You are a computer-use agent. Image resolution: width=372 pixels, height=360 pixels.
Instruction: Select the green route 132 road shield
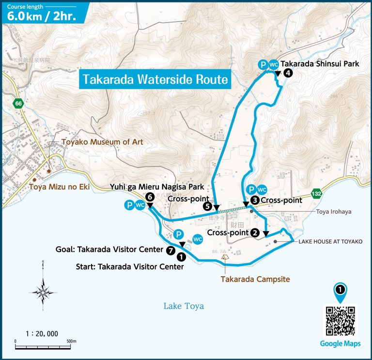(316, 192)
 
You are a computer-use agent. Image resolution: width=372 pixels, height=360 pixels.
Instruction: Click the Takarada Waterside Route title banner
(155, 79)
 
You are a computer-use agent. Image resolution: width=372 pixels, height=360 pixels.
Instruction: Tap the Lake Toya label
(183, 306)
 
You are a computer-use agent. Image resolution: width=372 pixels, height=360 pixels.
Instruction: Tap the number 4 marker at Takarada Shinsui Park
(288, 73)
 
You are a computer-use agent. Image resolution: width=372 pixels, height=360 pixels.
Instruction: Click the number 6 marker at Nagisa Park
(150, 197)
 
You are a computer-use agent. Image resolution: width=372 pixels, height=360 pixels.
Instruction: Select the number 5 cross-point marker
(207, 206)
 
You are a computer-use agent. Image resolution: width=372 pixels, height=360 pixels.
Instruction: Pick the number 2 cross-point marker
(254, 233)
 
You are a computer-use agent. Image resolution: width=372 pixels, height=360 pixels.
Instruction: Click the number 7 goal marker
(170, 250)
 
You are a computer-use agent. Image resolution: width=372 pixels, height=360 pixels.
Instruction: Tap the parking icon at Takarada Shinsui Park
(262, 64)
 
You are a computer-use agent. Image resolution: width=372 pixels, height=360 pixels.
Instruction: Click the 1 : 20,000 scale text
(41, 333)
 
